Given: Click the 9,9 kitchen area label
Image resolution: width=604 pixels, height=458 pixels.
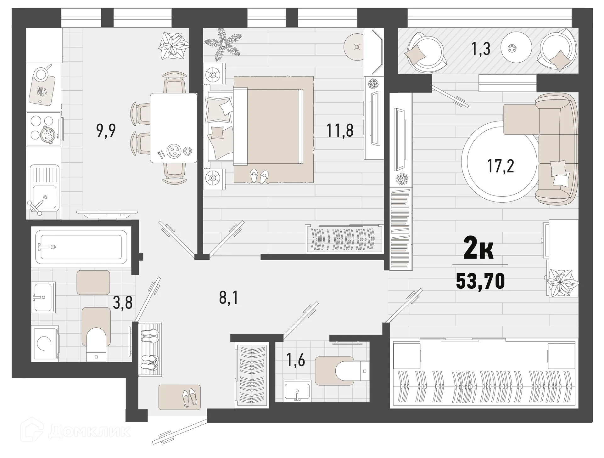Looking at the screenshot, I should [106, 131].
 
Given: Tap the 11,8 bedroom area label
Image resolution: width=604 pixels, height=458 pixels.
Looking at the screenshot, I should [340, 131].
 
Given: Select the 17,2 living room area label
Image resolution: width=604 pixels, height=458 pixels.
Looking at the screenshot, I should [501, 166].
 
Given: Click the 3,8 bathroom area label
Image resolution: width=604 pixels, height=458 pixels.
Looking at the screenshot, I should [123, 303].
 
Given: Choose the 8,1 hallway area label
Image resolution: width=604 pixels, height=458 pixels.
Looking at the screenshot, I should [229, 298].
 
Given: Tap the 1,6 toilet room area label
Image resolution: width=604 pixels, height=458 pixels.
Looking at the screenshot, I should [296, 360].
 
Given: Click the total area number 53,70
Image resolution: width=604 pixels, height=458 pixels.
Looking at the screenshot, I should [480, 281].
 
